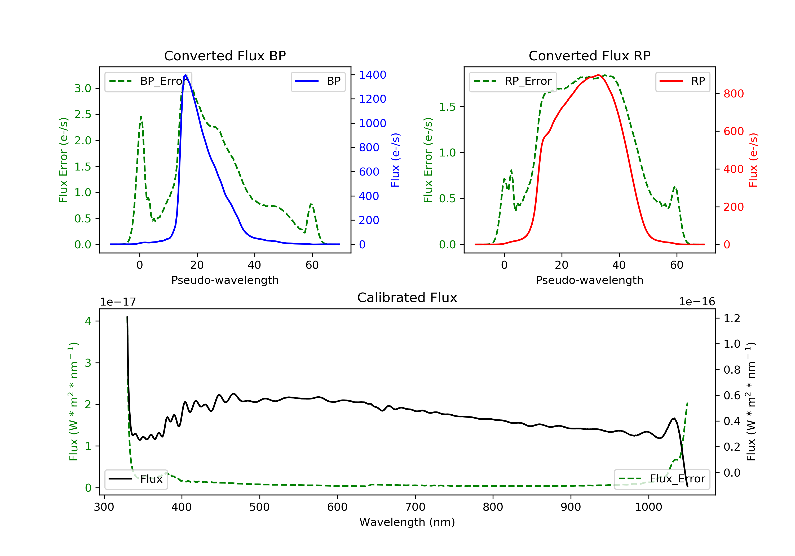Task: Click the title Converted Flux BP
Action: pos(225,56)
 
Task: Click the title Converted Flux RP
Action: pos(589,56)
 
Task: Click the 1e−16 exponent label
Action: pos(697,302)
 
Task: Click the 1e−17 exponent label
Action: pos(118,302)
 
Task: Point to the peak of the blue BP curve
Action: pos(185,75)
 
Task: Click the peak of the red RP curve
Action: pos(598,75)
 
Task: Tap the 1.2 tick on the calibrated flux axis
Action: pos(732,318)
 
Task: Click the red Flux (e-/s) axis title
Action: pos(753,160)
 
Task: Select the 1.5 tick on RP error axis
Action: pos(447,107)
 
